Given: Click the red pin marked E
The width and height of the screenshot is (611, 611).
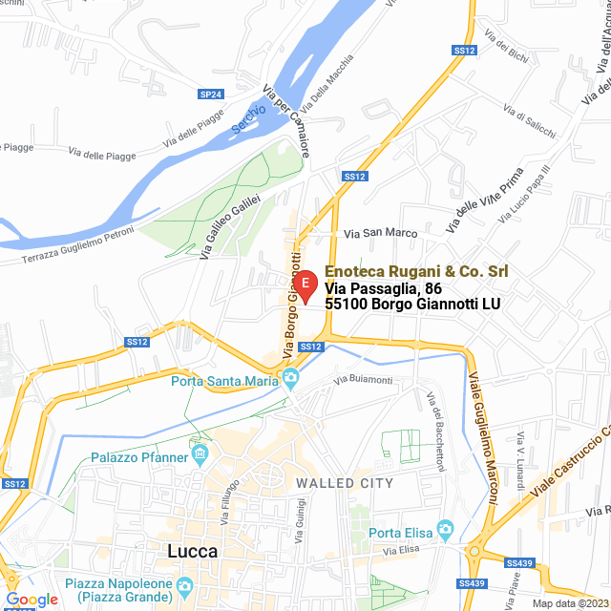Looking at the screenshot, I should (x=304, y=285).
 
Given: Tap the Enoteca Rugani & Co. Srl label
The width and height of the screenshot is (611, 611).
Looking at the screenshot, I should (x=416, y=272).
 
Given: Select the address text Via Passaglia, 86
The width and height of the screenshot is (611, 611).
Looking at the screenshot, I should (x=383, y=288).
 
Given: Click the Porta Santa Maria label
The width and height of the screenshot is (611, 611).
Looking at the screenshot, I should (x=224, y=382).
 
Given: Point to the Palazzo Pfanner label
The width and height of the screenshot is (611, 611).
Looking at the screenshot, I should (x=138, y=457).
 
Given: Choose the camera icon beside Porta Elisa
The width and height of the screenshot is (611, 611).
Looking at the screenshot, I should (x=445, y=530).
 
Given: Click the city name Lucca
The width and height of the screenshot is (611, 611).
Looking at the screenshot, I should (x=192, y=551).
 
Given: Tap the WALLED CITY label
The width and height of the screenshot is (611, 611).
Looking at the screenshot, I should (x=345, y=484).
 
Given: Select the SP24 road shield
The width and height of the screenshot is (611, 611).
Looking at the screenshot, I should (x=210, y=95).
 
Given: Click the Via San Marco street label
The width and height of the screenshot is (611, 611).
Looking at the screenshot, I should (x=381, y=233).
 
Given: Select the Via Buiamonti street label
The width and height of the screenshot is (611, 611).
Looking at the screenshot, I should (x=363, y=380).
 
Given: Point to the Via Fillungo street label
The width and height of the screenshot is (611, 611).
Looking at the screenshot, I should (x=228, y=501).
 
